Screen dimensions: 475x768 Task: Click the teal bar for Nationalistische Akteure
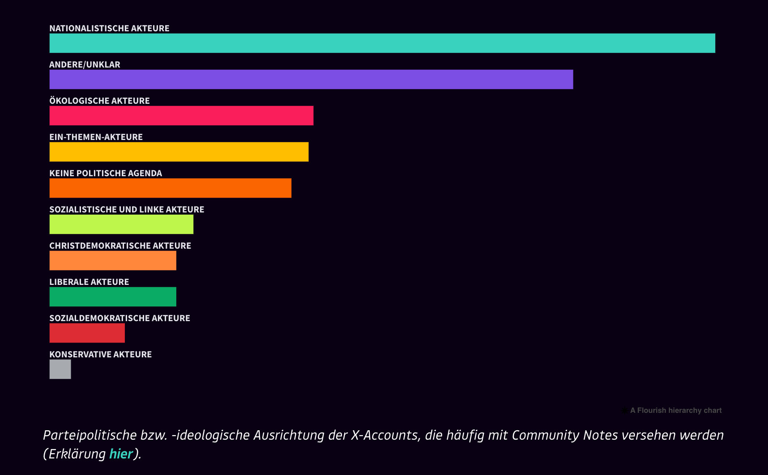(382, 43)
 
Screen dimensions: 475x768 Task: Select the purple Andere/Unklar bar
(311, 80)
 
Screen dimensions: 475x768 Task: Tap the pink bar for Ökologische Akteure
(181, 116)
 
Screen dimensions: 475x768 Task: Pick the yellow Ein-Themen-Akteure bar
(179, 152)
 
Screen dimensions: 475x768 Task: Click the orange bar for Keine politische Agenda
(170, 188)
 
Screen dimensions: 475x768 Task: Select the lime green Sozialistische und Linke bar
(121, 225)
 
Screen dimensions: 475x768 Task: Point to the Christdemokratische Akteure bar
(113, 261)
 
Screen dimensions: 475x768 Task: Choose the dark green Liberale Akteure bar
(113, 297)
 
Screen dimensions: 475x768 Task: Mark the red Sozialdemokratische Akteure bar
(87, 333)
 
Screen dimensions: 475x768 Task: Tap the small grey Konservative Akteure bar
(60, 369)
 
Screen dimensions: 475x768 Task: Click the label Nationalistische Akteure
(109, 29)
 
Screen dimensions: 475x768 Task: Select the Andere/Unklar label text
(85, 65)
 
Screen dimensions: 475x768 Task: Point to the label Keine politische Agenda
(106, 174)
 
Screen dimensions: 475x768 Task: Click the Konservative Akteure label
(100, 355)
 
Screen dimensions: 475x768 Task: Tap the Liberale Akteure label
(89, 282)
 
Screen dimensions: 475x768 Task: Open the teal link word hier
(121, 454)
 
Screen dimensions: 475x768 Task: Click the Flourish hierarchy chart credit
(675, 411)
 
